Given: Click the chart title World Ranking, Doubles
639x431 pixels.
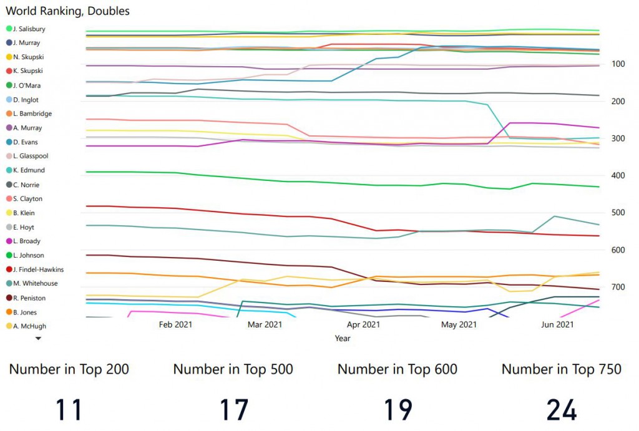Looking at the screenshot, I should (x=67, y=11).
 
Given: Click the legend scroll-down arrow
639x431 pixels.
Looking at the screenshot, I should (x=38, y=338).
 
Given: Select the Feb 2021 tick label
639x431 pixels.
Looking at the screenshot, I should (x=175, y=324).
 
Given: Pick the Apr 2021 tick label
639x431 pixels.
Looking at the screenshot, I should (x=363, y=324).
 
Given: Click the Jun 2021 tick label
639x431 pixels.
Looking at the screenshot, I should (x=557, y=324).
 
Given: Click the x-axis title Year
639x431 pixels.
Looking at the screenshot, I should (x=343, y=338).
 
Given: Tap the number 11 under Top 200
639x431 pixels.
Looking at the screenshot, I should (x=69, y=410).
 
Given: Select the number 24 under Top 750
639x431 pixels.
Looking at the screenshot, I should (x=562, y=410).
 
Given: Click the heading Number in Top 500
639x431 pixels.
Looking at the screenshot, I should (x=233, y=369).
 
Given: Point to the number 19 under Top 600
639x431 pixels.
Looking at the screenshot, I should (x=398, y=410).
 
